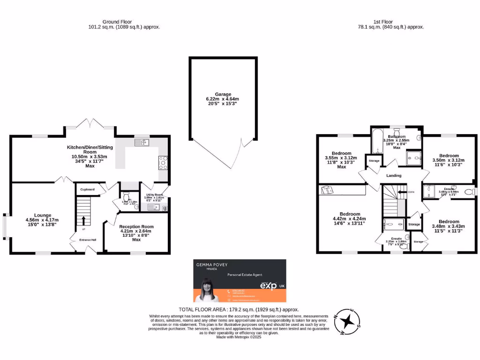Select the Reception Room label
click(136, 226)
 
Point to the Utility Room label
click(154, 195)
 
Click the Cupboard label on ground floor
click(87, 189)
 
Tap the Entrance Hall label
click(88, 240)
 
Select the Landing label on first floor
click(394, 175)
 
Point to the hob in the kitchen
click(164, 163)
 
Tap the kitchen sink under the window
click(142, 142)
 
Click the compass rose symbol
click(347, 322)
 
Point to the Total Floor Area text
click(239, 309)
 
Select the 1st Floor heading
click(383, 22)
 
